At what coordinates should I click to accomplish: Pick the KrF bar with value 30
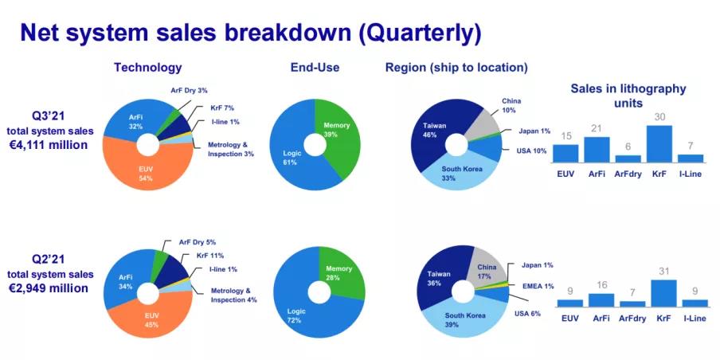pyautogui.click(x=659, y=143)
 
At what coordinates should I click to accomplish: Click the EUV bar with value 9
pyautogui.click(x=569, y=303)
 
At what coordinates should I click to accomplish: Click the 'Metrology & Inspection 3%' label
pyautogui.click(x=230, y=149)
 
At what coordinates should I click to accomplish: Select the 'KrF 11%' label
pyautogui.click(x=209, y=256)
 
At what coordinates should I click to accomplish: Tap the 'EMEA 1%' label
pyautogui.click(x=538, y=286)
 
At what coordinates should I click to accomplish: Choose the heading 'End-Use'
pyautogui.click(x=315, y=68)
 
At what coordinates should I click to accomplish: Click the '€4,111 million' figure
pyautogui.click(x=49, y=145)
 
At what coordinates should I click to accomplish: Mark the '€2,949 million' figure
pyautogui.click(x=49, y=288)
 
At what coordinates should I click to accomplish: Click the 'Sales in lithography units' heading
pyautogui.click(x=628, y=96)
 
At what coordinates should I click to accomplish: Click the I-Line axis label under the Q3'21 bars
pyautogui.click(x=691, y=174)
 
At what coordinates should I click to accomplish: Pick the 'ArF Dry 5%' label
pyautogui.click(x=197, y=242)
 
